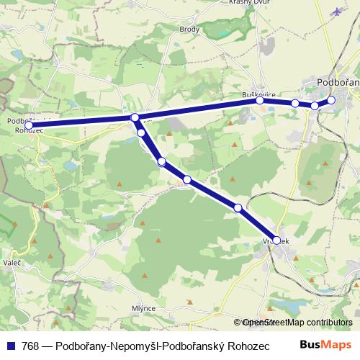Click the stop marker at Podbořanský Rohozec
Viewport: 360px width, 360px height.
coord(29,125)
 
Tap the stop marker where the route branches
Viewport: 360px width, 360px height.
coord(135,117)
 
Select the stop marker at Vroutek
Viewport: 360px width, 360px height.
coord(277,240)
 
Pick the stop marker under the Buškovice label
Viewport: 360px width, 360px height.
coord(260,100)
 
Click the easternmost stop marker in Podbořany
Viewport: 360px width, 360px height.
coord(331,100)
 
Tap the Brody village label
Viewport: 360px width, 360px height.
coord(189,49)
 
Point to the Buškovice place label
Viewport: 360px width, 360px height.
coord(256,94)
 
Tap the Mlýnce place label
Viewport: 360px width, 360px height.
coord(143,307)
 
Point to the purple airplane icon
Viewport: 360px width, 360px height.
coord(338,12)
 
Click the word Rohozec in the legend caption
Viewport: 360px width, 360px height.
coord(249,346)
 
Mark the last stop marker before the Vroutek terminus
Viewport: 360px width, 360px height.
coord(238,207)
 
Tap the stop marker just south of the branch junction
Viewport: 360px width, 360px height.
coord(141,132)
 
